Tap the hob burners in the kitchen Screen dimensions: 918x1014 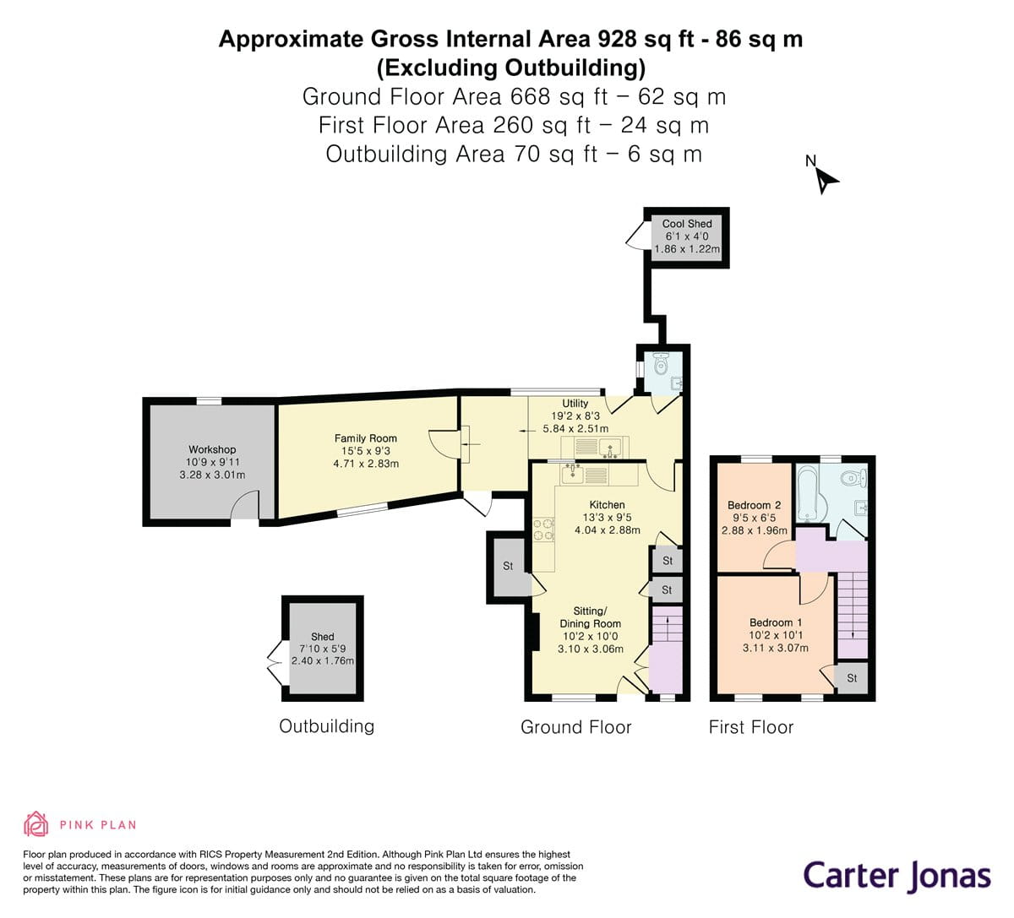(x=543, y=530)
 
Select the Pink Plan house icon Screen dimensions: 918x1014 (x=35, y=823)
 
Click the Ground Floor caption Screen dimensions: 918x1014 (x=575, y=727)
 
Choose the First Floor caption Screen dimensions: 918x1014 (x=750, y=727)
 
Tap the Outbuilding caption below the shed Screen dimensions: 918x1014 (x=326, y=726)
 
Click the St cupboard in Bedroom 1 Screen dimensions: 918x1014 (x=852, y=678)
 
